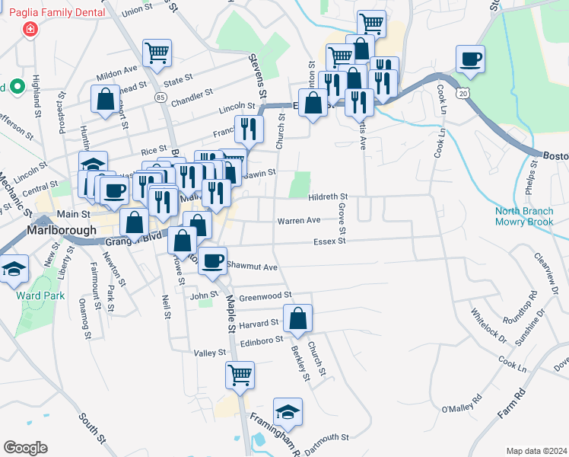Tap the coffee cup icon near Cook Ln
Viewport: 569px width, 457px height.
pyautogui.click(x=470, y=59)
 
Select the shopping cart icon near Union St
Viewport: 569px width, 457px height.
pyautogui.click(x=157, y=53)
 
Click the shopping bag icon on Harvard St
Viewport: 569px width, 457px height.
pyautogui.click(x=298, y=318)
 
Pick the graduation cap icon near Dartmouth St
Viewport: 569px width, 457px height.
pyautogui.click(x=288, y=412)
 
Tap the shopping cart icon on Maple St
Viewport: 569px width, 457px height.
pyautogui.click(x=240, y=376)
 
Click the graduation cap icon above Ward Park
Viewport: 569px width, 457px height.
pyautogui.click(x=14, y=270)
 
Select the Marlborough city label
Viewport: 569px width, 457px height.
pyautogui.click(x=62, y=230)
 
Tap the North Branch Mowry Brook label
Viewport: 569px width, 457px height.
pyautogui.click(x=526, y=217)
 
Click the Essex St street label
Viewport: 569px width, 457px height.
pyautogui.click(x=330, y=241)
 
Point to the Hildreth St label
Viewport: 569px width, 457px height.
pyautogui.click(x=328, y=197)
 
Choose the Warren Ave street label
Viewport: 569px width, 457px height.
pyautogui.click(x=299, y=221)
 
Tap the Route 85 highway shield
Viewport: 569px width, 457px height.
pyautogui.click(x=159, y=97)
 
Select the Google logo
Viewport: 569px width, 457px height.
pyautogui.click(x=25, y=448)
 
